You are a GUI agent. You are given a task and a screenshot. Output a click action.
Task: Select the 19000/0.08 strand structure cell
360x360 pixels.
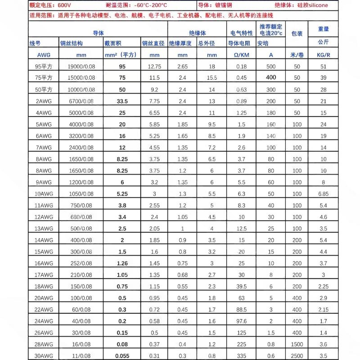77,67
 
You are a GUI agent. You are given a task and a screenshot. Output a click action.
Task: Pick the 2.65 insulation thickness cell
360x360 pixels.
182,67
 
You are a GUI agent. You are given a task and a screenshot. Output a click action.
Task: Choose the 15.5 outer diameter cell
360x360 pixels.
212,78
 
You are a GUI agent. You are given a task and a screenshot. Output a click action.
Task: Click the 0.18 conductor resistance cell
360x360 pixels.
242,67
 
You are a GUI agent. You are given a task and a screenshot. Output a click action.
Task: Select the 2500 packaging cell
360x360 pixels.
297,356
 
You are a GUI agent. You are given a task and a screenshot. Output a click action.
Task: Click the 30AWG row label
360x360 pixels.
44,356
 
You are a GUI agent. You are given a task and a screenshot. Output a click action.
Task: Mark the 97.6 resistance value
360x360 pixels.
242,321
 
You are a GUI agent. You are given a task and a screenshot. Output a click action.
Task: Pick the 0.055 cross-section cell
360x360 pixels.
121,356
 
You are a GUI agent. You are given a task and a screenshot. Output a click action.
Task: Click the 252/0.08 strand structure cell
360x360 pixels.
77,263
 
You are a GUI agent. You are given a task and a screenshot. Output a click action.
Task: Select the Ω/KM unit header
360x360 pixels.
242,55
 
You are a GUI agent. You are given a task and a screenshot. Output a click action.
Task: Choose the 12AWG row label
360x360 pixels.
44,217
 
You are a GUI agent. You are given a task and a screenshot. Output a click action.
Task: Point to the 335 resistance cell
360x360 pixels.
242,356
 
